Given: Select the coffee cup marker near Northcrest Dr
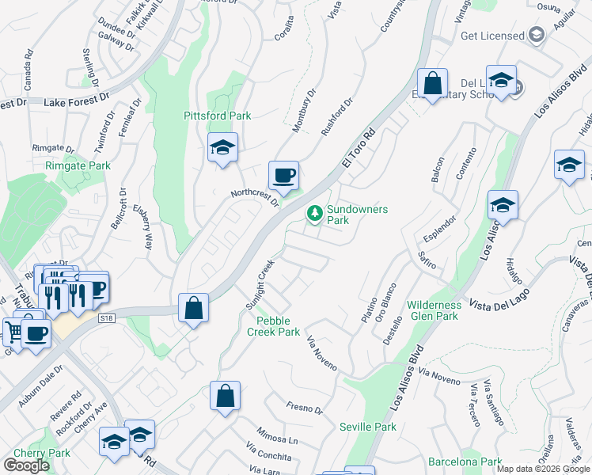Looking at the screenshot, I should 283,175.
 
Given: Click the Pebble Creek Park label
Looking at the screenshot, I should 278,326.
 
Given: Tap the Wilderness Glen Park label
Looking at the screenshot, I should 433,310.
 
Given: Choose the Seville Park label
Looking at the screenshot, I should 367,427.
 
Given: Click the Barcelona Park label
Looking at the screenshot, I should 465,462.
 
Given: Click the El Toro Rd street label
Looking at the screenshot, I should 357,148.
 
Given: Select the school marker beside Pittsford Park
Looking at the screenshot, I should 223,147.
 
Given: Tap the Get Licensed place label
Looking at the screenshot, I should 492,36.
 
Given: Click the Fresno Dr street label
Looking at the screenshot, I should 305,408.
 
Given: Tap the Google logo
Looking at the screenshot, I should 26,465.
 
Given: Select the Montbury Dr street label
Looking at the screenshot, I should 304,110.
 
